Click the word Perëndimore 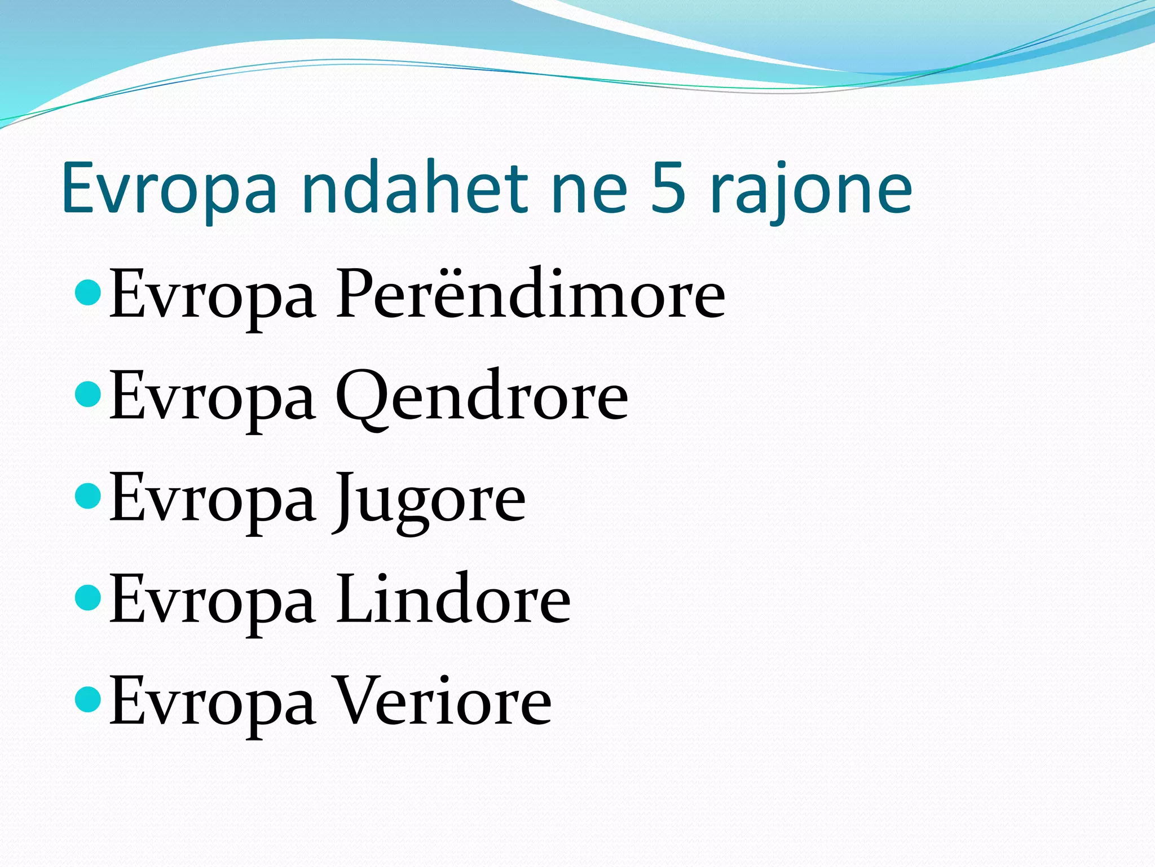tap(531, 295)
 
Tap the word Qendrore tap(482, 397)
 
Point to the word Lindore tap(453, 599)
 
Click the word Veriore tap(444, 702)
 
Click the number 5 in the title tap(669, 187)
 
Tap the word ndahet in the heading tap(415, 187)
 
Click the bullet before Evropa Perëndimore tap(87, 292)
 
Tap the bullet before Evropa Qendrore tap(87, 394)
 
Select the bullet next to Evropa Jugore tap(87, 496)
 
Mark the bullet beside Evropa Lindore tap(87, 597)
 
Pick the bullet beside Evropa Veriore tap(87, 699)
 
